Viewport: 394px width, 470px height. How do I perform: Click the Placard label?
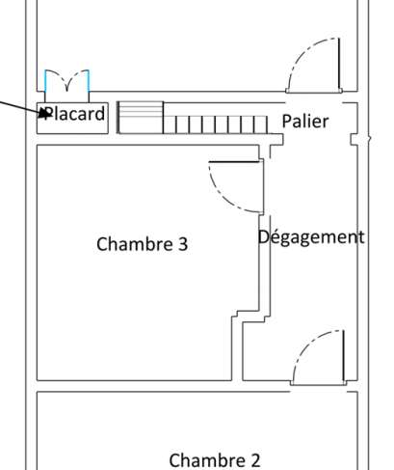pyautogui.click(x=73, y=114)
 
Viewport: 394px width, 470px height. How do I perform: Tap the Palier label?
pyautogui.click(x=305, y=122)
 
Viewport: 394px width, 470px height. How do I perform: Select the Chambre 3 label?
pyautogui.click(x=143, y=244)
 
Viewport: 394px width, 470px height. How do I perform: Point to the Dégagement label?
pyautogui.click(x=311, y=237)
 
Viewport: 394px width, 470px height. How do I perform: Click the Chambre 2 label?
pyautogui.click(x=215, y=460)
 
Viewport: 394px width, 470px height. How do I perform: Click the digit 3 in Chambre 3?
pyautogui.click(x=183, y=244)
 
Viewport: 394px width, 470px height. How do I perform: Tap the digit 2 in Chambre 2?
pyautogui.click(x=255, y=460)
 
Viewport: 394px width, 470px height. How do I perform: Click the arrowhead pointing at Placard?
pyautogui.click(x=45, y=113)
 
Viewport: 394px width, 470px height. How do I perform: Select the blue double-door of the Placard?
pyautogui.click(x=66, y=80)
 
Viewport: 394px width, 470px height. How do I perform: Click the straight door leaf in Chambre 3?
pyautogui.click(x=234, y=161)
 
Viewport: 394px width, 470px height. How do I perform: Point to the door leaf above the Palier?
pyautogui.click(x=339, y=64)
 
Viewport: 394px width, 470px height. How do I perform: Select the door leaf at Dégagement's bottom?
pyautogui.click(x=344, y=356)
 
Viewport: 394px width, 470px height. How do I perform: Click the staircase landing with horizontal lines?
pyautogui.click(x=141, y=118)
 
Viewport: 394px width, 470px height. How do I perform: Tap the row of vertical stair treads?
pyautogui.click(x=215, y=124)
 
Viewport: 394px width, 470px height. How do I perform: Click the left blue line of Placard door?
pyautogui.click(x=45, y=80)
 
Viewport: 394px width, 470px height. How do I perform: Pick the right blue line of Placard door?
pyautogui.click(x=89, y=80)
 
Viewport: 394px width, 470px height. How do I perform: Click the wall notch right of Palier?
pyautogui.click(x=354, y=140)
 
